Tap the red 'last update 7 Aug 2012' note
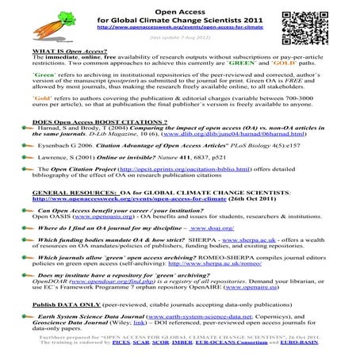tap(181, 36)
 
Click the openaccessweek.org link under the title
tap(179, 26)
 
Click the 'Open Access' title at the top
tap(180, 7)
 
